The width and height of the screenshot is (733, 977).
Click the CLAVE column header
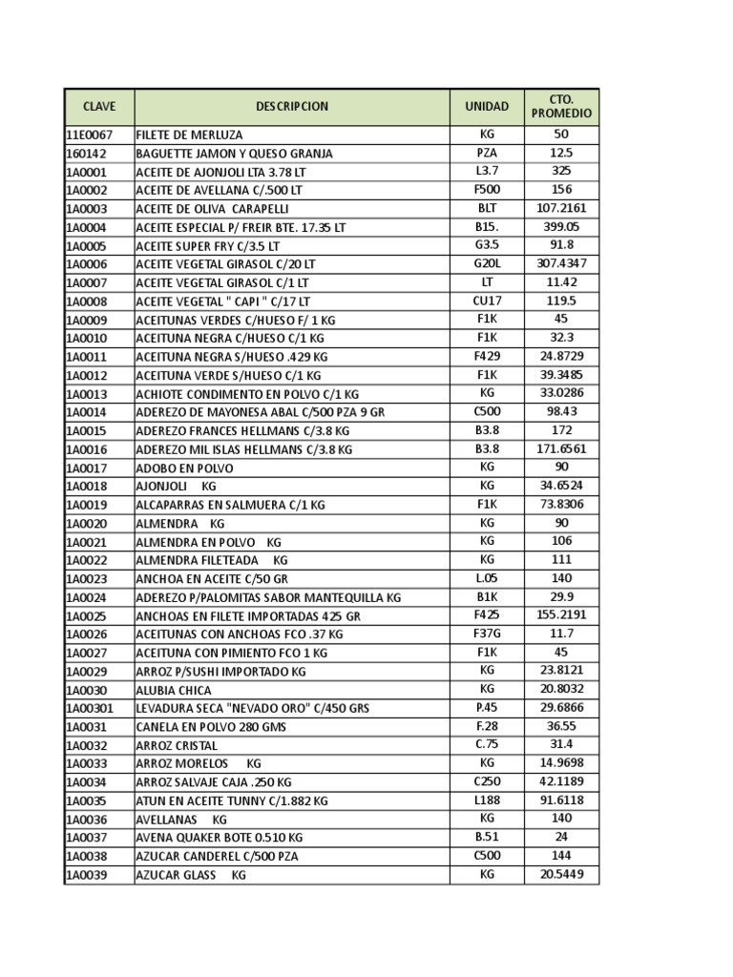click(x=99, y=106)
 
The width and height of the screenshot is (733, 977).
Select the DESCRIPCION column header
click(x=291, y=106)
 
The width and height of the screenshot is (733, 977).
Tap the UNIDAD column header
click(x=487, y=106)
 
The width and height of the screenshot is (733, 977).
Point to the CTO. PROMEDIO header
click(x=561, y=106)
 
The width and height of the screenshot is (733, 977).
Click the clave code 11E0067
click(x=89, y=135)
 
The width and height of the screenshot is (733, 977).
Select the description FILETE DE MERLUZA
click(x=190, y=135)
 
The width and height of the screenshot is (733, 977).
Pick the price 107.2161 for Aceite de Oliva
click(x=561, y=208)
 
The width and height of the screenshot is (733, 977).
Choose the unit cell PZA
click(x=487, y=153)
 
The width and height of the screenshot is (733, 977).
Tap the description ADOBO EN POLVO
click(x=184, y=468)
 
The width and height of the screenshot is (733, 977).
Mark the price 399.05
click(x=561, y=227)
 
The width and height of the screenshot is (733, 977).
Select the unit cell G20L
click(x=487, y=263)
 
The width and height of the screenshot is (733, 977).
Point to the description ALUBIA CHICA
click(x=174, y=690)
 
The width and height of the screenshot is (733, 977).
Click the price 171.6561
click(x=561, y=448)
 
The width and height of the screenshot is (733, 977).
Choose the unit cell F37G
click(x=487, y=634)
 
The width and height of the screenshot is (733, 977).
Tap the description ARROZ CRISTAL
click(x=177, y=745)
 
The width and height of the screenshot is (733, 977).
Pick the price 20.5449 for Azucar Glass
click(x=561, y=874)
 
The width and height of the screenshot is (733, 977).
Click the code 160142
click(x=86, y=153)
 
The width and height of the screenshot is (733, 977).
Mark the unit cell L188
click(x=487, y=800)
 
